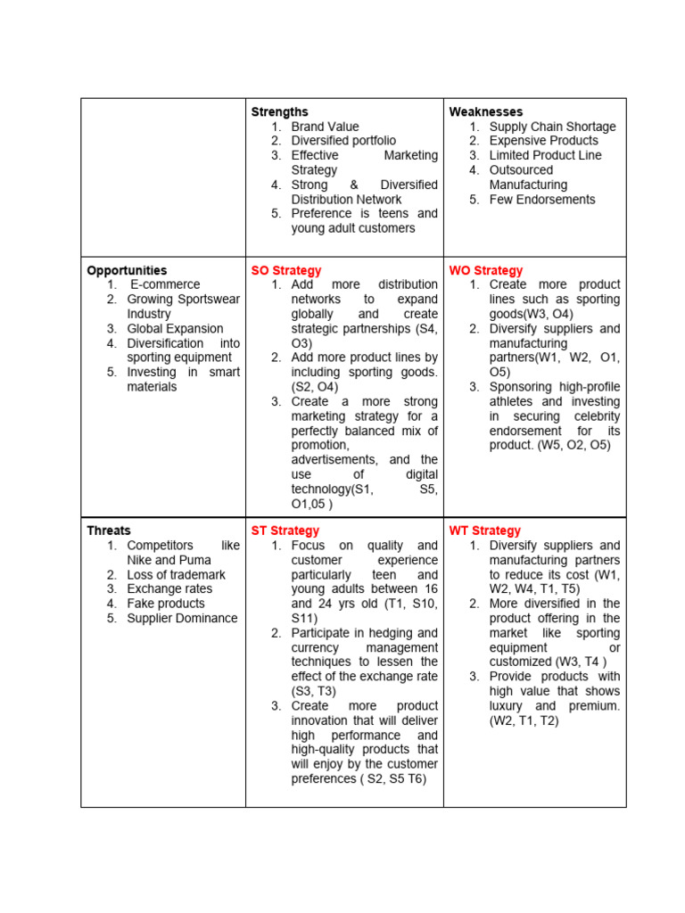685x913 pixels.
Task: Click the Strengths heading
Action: [x=279, y=111]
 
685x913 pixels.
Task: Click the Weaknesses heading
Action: [x=486, y=111]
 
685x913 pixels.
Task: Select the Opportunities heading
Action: [x=127, y=270]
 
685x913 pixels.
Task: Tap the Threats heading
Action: [x=109, y=531]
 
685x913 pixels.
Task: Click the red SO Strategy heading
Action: [x=286, y=270]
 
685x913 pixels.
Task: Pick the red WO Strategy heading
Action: [x=486, y=270]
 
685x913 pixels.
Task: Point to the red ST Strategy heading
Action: [x=285, y=531]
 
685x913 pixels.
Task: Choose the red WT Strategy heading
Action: [x=485, y=531]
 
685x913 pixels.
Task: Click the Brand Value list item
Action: [x=325, y=127]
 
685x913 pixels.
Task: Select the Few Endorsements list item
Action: [x=542, y=200]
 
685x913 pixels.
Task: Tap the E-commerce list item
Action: [x=165, y=284]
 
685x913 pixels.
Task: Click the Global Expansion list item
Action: [x=175, y=328]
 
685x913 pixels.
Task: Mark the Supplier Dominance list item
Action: [x=182, y=618]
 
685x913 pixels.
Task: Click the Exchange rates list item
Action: [x=169, y=588]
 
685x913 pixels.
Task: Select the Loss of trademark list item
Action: [x=176, y=574]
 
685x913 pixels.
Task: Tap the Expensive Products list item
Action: [x=544, y=141]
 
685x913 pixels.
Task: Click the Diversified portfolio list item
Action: [x=343, y=141]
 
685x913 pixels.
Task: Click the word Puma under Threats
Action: [x=194, y=560]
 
